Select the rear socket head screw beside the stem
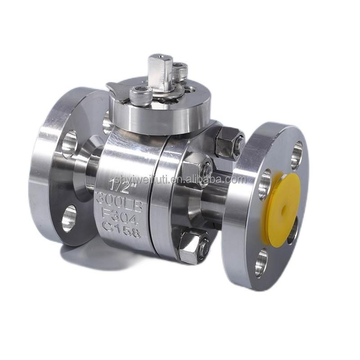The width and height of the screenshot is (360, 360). (180, 72)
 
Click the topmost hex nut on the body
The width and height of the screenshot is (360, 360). (229, 143)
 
